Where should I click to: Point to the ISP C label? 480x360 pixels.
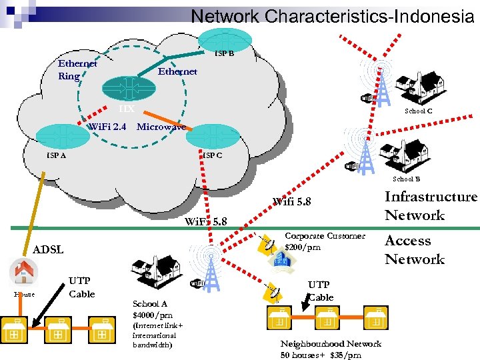(213, 155)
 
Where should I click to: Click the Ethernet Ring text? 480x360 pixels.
(77, 70)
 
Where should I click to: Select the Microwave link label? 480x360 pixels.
(161, 127)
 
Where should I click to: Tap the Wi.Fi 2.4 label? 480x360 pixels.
(107, 127)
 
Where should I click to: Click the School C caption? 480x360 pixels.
(418, 111)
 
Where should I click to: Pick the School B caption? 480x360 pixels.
(406, 179)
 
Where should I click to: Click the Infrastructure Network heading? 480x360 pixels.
(431, 205)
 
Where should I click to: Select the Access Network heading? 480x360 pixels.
(414, 250)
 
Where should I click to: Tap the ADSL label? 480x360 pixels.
(48, 249)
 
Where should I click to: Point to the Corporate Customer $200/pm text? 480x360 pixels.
(324, 241)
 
